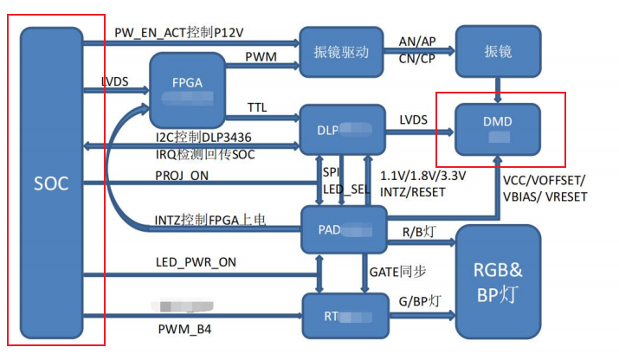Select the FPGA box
(187, 87)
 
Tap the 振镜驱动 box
(341, 51)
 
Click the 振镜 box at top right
(499, 51)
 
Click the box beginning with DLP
(341, 129)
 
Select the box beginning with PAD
(341, 228)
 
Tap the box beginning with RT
(341, 316)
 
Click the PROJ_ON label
(182, 177)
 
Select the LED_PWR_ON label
(195, 262)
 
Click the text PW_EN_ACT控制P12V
(179, 32)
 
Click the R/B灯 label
(416, 232)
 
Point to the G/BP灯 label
(420, 301)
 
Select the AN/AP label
(418, 42)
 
